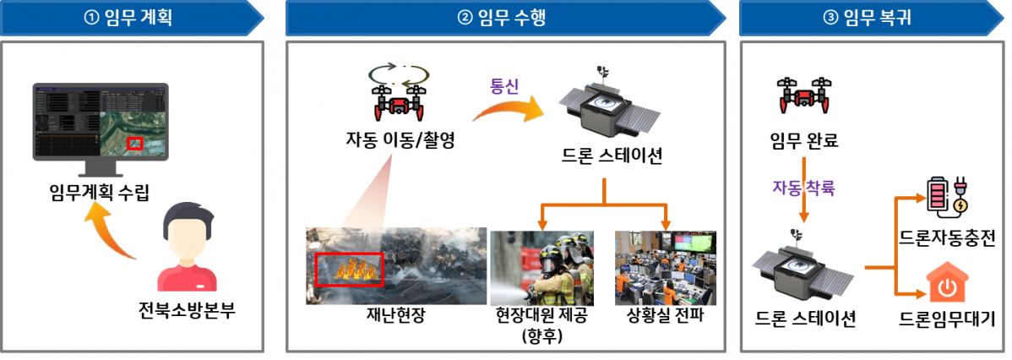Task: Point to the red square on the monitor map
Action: tap(133, 144)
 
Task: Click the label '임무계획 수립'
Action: tap(99, 194)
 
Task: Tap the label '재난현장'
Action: tap(395, 318)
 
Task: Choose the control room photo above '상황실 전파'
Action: tap(665, 267)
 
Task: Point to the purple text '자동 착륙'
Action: tap(803, 188)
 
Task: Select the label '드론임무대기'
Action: tap(947, 319)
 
